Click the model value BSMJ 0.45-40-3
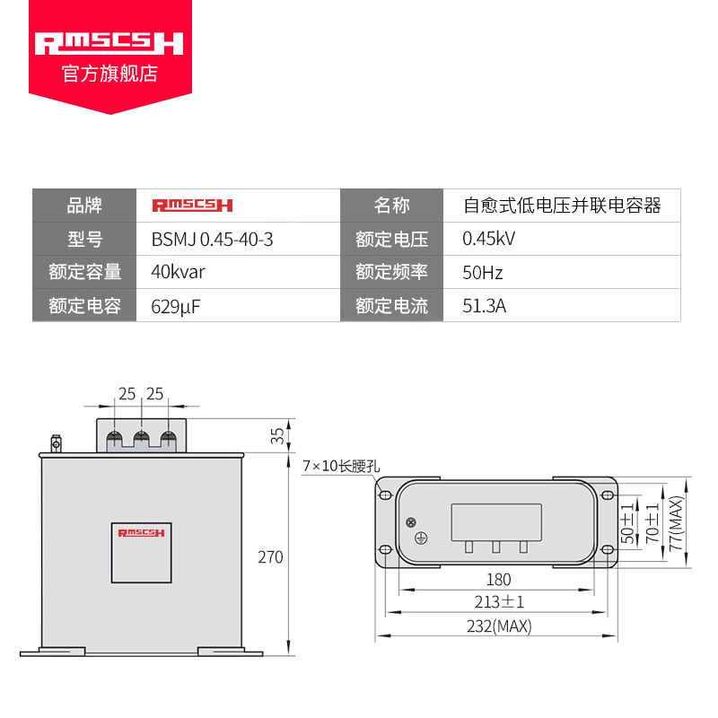pos(212,240)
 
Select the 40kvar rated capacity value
pos(178,272)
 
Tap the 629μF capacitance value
pos(176,306)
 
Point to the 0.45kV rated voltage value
pos(488,239)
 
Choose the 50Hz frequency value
pos(483,273)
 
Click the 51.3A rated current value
pos(484,306)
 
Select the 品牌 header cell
pos(84,206)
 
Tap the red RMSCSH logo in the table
pos(192,206)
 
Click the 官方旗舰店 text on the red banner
pos(109,74)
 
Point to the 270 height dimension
pos(270,557)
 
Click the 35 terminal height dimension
pos(277,435)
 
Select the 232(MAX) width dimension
pos(499,626)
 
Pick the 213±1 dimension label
pos(499,601)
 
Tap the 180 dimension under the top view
pos(499,580)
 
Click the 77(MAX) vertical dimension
pos(676,523)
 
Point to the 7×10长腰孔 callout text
pos(341,466)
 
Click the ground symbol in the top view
pos(421,538)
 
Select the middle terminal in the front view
pos(142,440)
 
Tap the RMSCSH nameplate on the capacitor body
pos(142,553)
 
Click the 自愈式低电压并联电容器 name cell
pos(563,206)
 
